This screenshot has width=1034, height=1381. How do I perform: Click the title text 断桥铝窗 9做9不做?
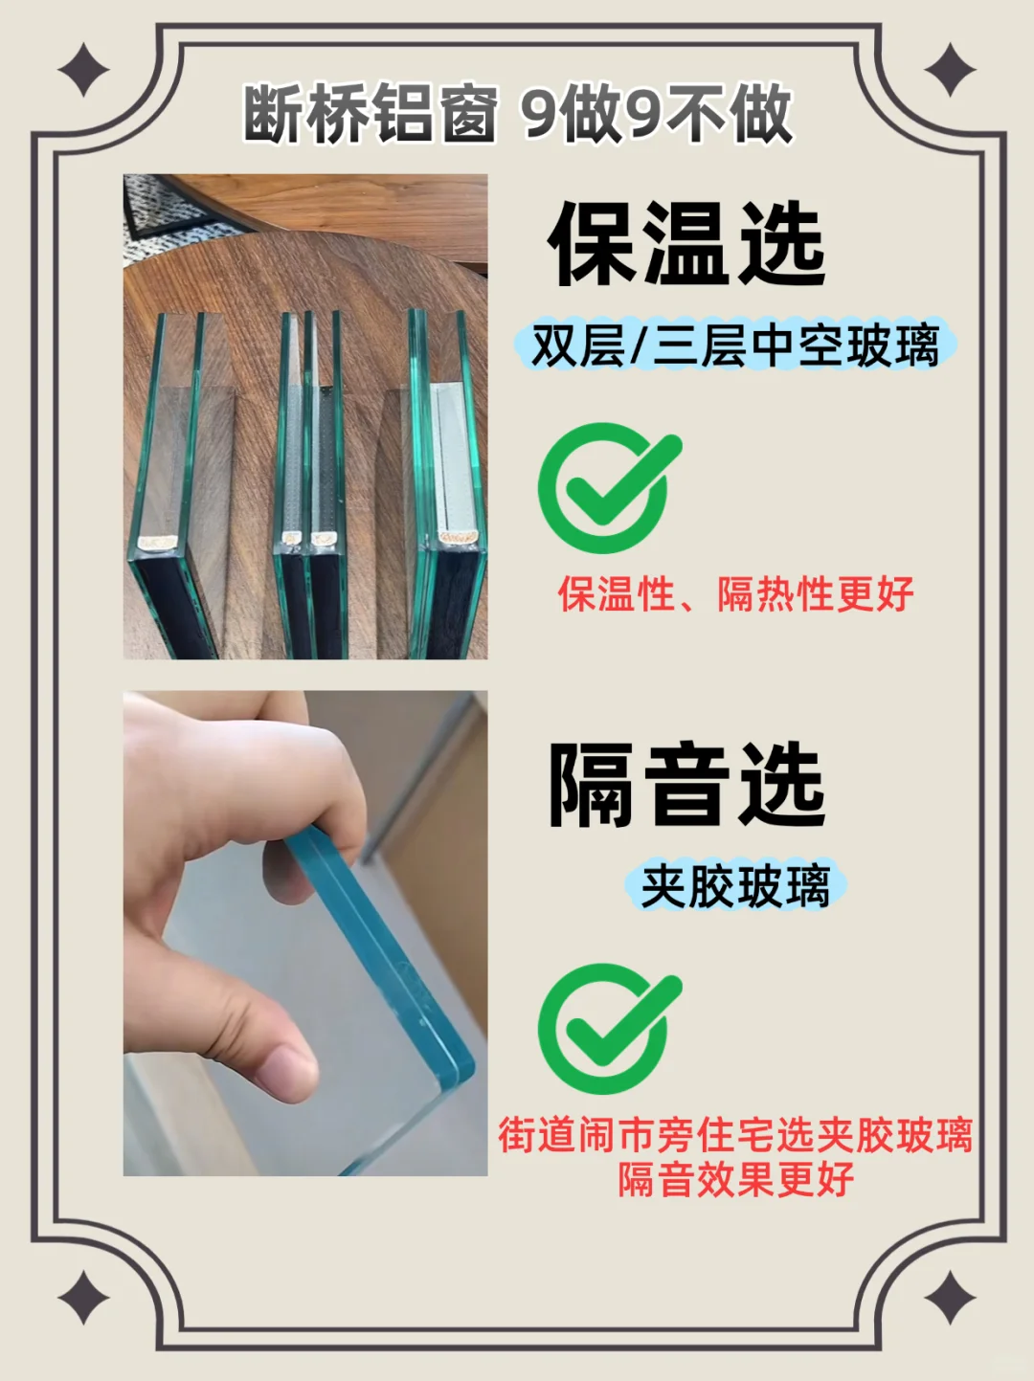tap(518, 113)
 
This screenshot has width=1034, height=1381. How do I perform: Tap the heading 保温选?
tap(686, 245)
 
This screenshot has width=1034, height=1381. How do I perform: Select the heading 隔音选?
tap(686, 786)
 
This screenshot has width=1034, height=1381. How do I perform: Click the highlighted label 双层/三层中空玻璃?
tap(734, 345)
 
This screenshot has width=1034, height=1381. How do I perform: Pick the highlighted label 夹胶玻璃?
tap(734, 886)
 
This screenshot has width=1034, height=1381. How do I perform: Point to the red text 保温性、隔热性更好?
tap(734, 594)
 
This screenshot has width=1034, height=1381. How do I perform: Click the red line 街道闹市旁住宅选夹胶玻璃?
tap(734, 1136)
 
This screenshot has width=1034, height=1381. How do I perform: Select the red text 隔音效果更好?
tap(734, 1179)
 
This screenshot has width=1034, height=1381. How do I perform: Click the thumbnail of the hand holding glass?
tap(304, 933)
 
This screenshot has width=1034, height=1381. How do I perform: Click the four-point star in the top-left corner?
tap(83, 71)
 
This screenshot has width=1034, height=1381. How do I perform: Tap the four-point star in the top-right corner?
tap(949, 71)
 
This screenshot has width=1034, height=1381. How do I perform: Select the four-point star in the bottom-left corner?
tap(83, 1299)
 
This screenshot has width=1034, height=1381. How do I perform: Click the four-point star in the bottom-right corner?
tap(949, 1299)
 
